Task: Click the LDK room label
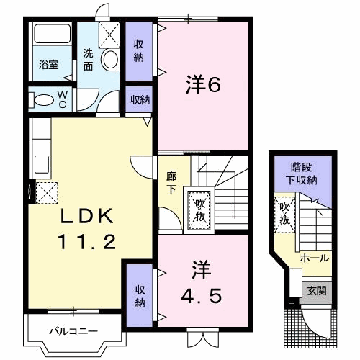point(86,216)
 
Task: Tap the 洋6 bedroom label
point(203,84)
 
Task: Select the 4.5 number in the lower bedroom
point(201,296)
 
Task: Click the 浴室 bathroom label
point(49,65)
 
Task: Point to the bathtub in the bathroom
point(53,33)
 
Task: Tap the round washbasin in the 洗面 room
point(110,59)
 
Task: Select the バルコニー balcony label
point(73,331)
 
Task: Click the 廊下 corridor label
point(171,182)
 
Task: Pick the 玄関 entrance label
point(317,291)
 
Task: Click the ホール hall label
point(315,258)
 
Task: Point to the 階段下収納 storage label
point(302,174)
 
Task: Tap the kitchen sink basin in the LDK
point(42,164)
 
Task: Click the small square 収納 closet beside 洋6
point(139,99)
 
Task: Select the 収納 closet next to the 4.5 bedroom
point(140,295)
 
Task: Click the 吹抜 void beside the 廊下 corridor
point(199,210)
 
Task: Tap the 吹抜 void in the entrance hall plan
point(284,215)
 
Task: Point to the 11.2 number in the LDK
point(86,241)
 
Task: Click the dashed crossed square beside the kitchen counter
point(47,193)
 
